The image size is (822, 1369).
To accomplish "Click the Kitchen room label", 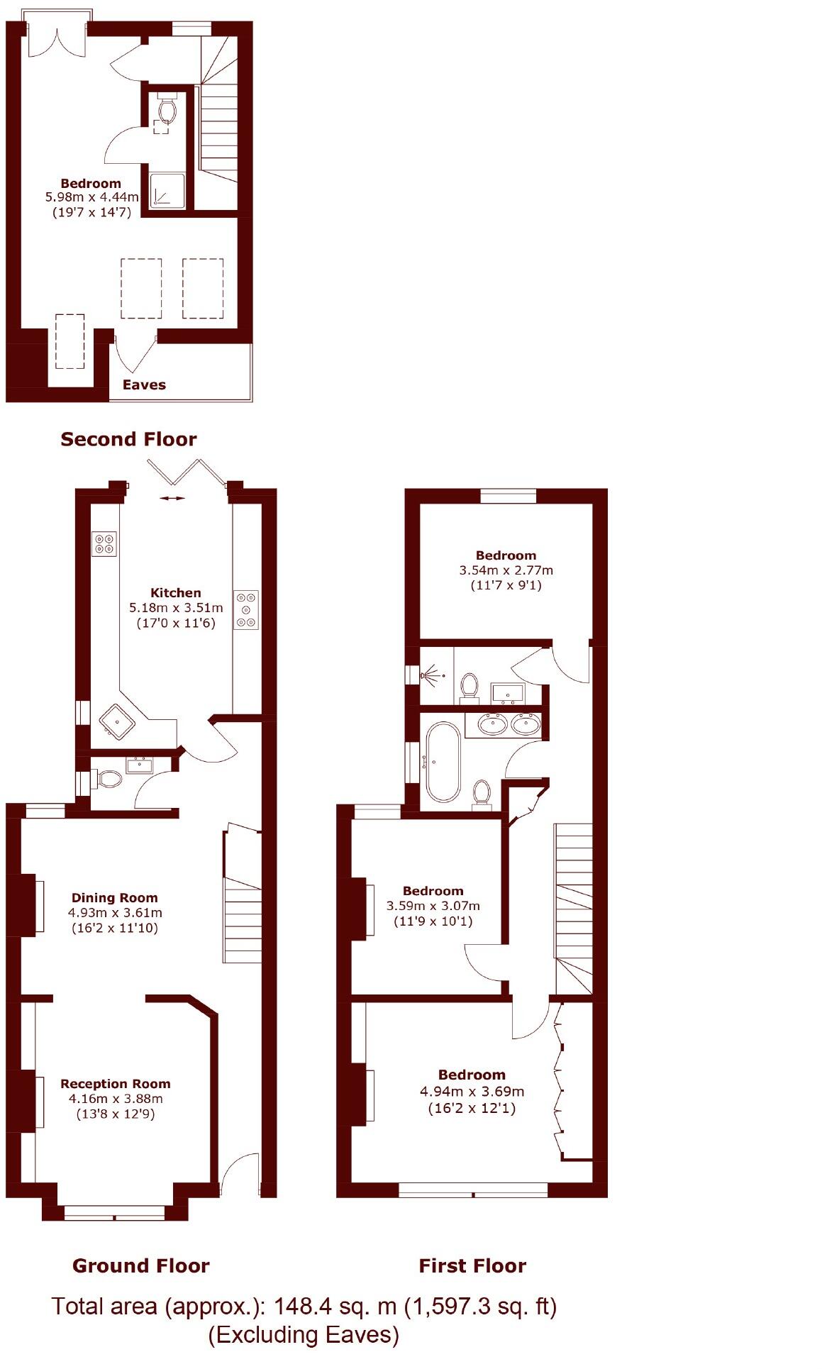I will pyautogui.click(x=175, y=592).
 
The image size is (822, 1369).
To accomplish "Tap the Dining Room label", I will pyautogui.click(x=114, y=897).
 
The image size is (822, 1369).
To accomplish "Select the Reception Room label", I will pyautogui.click(x=115, y=1083).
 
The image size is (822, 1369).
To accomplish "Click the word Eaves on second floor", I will pyautogui.click(x=144, y=384).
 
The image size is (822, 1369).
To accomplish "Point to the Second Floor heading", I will pyautogui.click(x=128, y=439).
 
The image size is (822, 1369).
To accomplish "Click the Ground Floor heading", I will pyautogui.click(x=140, y=1265).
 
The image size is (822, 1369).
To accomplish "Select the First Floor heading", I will pyautogui.click(x=472, y=1265).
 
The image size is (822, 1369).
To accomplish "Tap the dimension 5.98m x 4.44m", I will pyautogui.click(x=91, y=197).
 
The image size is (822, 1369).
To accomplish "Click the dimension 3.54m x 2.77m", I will pyautogui.click(x=506, y=570).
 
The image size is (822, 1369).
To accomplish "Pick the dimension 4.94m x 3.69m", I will pyautogui.click(x=472, y=1091).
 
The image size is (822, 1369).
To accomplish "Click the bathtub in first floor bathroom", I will pyautogui.click(x=443, y=762).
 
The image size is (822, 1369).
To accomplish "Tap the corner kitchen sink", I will pyautogui.click(x=117, y=722).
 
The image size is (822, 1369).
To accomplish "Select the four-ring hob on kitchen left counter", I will pyautogui.click(x=104, y=544).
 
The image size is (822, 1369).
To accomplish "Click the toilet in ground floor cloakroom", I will pyautogui.click(x=109, y=780).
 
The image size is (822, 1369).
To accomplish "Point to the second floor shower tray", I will pyautogui.click(x=167, y=191).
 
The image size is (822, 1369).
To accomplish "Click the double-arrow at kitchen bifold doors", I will pyautogui.click(x=172, y=499).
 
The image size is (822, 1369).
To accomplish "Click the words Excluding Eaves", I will pyautogui.click(x=304, y=1335).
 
